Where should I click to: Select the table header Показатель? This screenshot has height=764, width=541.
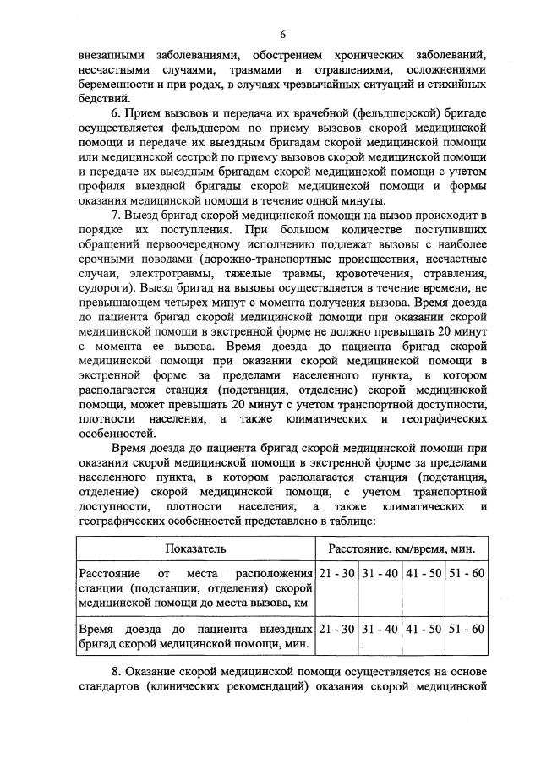tap(195, 548)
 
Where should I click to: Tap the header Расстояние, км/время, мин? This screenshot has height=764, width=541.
tap(402, 548)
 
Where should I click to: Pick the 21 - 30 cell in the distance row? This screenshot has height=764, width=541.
tap(337, 574)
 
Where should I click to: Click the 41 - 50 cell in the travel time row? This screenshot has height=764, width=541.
tap(424, 629)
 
